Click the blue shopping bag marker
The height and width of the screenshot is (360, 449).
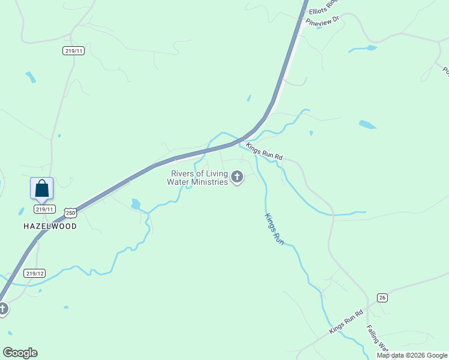click(41, 188)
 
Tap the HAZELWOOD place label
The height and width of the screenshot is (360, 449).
click(50, 226)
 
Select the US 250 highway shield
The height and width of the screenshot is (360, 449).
click(71, 213)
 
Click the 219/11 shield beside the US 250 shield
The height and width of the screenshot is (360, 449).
click(45, 209)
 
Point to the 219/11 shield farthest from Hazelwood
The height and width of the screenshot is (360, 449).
click(73, 51)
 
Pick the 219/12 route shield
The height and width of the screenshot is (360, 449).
click(35, 273)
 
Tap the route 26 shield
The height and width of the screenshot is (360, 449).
click(382, 298)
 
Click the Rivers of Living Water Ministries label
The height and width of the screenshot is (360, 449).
click(198, 178)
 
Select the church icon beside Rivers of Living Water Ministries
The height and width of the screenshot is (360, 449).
click(237, 177)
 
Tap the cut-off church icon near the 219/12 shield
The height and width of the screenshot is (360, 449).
click(3, 308)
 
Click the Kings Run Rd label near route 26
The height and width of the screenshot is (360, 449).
click(346, 322)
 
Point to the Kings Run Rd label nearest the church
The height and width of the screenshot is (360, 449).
click(264, 151)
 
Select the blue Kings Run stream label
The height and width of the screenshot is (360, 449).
click(274, 228)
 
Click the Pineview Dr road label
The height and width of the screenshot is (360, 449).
click(322, 21)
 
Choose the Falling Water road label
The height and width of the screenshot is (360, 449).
click(377, 339)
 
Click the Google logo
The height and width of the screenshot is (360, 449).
click(20, 353)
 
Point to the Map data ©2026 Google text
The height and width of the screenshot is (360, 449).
click(412, 355)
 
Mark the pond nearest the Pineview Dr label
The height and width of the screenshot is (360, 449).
click(363, 48)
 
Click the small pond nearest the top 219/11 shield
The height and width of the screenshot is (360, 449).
click(31, 77)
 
